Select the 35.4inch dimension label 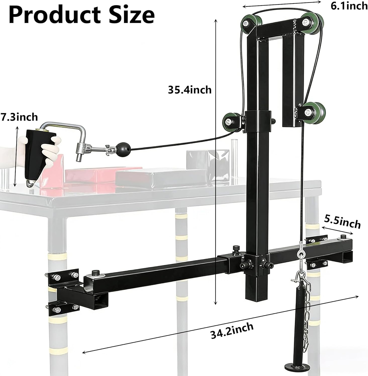(190, 90)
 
